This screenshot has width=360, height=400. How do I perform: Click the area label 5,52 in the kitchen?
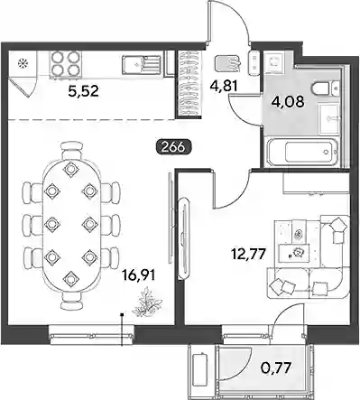click(83, 91)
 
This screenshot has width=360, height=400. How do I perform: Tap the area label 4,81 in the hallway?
click(224, 86)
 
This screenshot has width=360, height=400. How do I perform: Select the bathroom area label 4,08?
click(288, 101)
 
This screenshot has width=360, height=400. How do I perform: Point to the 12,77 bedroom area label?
click(248, 255)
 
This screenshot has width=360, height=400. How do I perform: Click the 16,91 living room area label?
click(139, 275)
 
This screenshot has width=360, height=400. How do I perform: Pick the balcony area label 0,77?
click(275, 367)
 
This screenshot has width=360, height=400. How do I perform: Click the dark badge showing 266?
click(172, 147)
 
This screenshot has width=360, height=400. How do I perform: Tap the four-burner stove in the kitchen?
click(65, 63)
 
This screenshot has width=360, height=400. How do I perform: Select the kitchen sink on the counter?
click(141, 65)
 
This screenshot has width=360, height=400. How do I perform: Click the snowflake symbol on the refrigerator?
click(22, 63)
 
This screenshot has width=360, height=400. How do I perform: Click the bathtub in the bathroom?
click(303, 152)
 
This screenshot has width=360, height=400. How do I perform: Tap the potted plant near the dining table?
click(146, 302)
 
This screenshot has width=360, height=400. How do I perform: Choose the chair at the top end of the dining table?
click(71, 151)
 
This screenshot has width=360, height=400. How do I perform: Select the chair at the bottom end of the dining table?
click(71, 301)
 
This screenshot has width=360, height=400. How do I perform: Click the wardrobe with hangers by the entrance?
click(189, 83)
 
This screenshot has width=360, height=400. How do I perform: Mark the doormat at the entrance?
click(227, 63)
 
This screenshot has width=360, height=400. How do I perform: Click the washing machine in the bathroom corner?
click(273, 63)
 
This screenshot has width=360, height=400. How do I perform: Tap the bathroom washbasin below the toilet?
click(329, 118)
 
